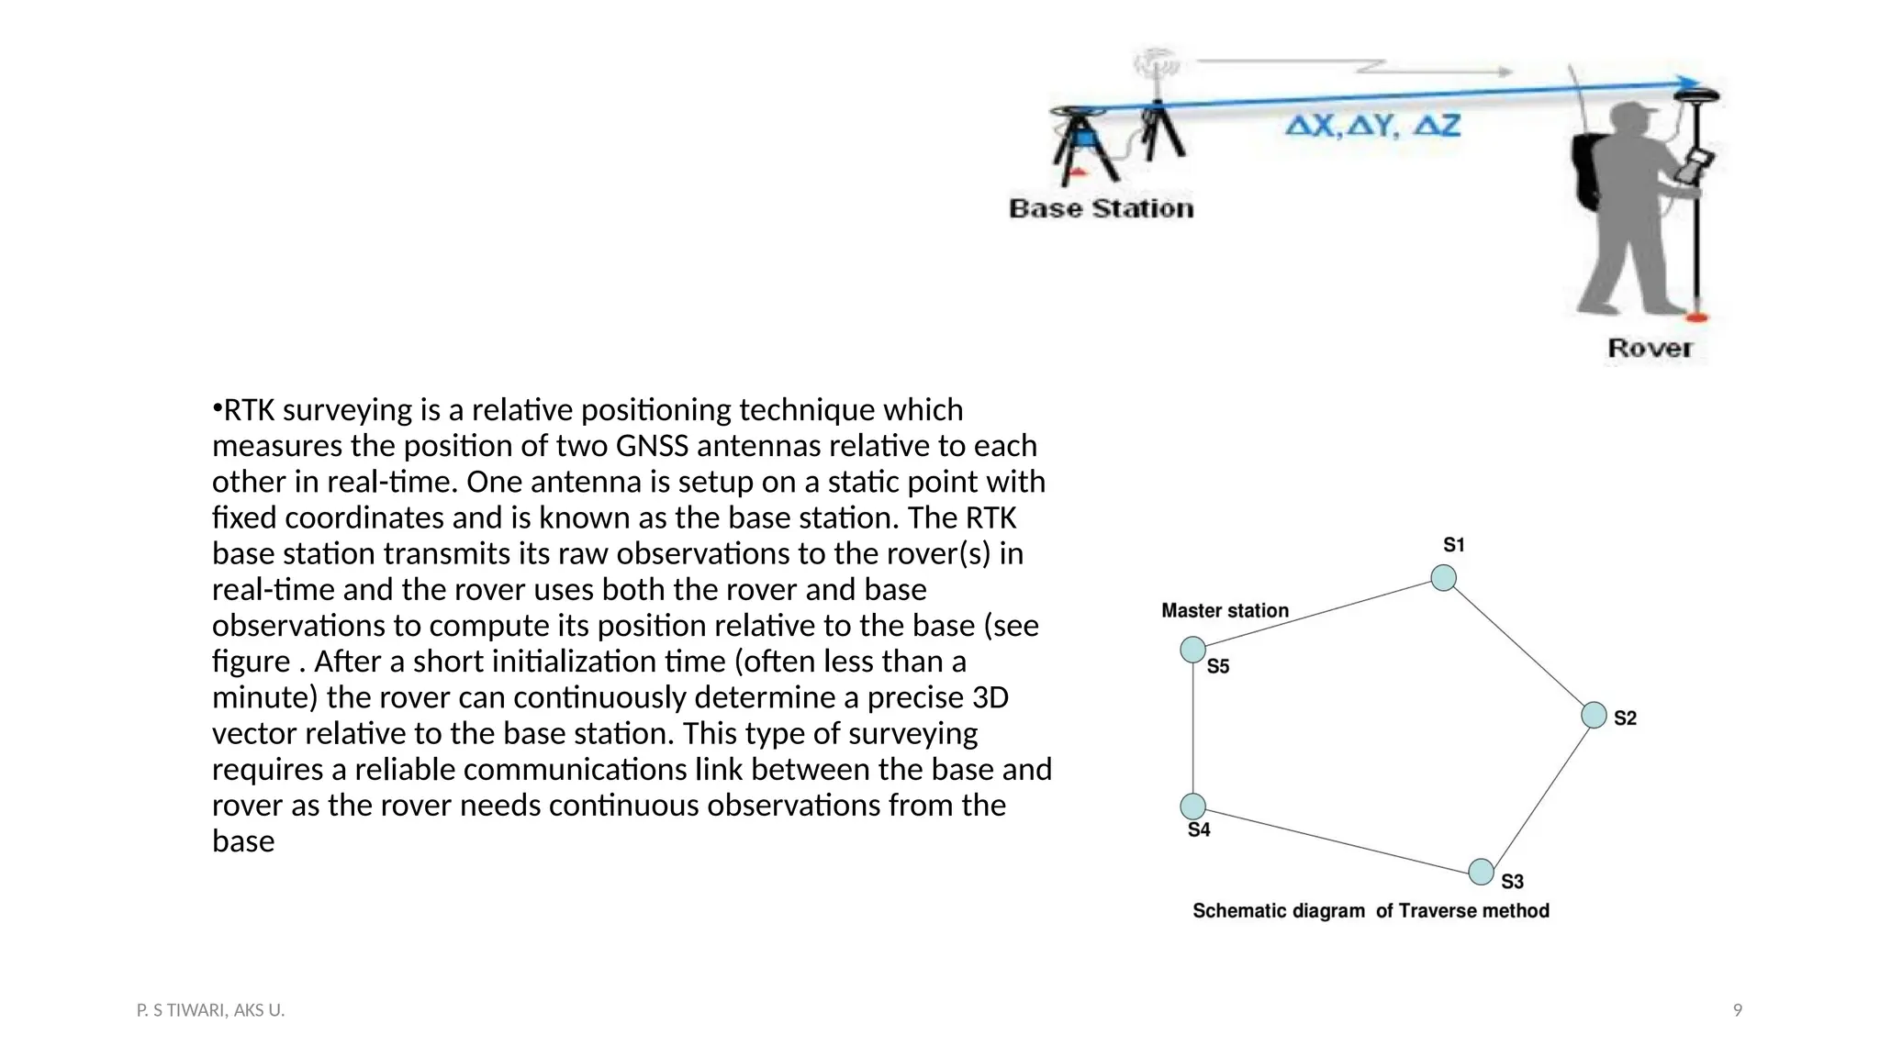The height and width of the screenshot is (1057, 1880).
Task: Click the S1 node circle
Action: point(1443,578)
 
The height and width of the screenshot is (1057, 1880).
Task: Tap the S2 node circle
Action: point(1594,716)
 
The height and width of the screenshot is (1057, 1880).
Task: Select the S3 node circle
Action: point(1481,872)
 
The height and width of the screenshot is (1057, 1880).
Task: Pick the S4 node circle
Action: point(1192,807)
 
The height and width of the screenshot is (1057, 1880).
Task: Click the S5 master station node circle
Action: point(1192,650)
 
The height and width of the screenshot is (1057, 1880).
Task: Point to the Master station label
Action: point(1225,611)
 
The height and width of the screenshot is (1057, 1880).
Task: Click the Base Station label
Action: point(1102,209)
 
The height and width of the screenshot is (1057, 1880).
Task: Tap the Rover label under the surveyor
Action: point(1650,349)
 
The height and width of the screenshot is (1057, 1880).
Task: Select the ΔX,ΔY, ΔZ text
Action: point(1372,126)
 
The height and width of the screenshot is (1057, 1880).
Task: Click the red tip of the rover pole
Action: point(1697,317)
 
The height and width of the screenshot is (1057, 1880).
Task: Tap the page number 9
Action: point(1737,1010)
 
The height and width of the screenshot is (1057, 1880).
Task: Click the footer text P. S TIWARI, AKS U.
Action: point(210,1010)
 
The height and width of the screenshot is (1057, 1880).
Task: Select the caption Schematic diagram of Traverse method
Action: point(1371,911)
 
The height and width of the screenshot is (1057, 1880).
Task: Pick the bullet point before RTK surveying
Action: point(218,407)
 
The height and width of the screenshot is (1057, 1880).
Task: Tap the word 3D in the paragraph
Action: point(990,697)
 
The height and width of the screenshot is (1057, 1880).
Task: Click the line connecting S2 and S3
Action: point(1539,793)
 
